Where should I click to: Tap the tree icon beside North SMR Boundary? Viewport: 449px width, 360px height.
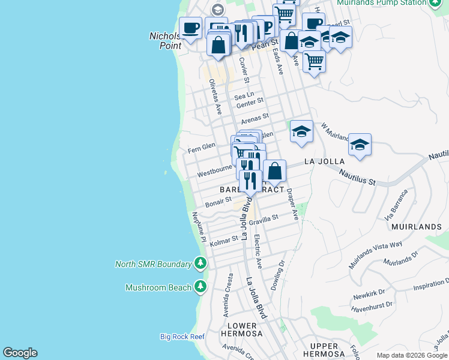(x=200, y=264)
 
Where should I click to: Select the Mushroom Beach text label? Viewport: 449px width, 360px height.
(x=158, y=287)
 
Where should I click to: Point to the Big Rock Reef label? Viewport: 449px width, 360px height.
(x=182, y=337)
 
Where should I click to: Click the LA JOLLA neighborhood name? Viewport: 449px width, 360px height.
(x=325, y=161)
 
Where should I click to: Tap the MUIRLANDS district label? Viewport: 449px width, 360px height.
(x=416, y=227)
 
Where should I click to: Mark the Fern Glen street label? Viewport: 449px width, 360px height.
(x=201, y=146)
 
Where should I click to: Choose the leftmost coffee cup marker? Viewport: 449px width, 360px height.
(x=190, y=28)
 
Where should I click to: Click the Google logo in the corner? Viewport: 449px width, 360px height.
(x=20, y=353)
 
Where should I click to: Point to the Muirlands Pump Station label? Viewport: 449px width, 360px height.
(x=381, y=3)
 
